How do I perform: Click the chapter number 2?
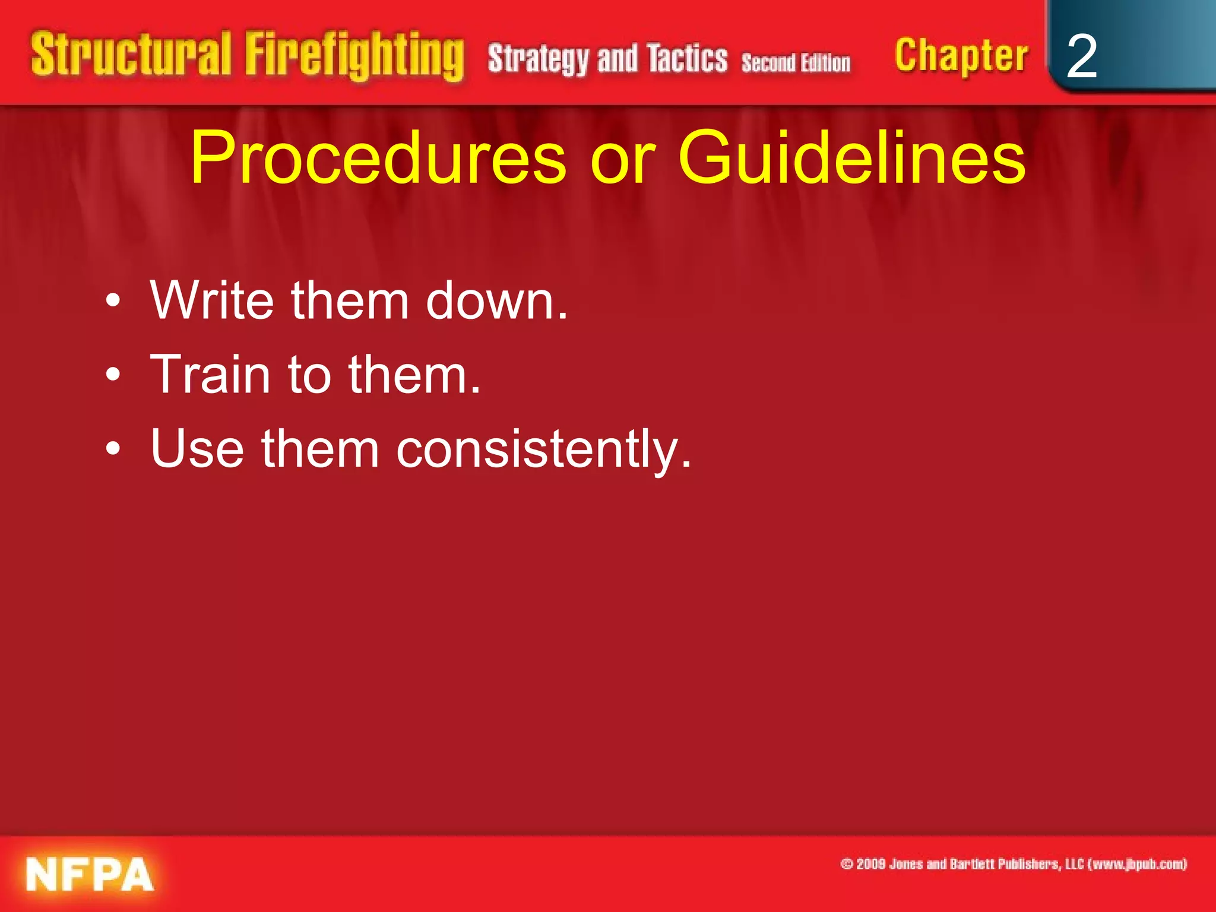[1081, 56]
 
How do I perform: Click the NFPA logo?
[90, 874]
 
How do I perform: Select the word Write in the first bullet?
[212, 300]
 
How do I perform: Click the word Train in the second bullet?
[210, 375]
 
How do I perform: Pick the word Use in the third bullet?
[197, 449]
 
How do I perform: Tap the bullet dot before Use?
[113, 449]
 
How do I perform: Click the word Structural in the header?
[131, 55]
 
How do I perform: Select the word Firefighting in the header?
[354, 56]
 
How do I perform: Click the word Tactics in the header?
[687, 59]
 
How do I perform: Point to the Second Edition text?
[796, 62]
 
